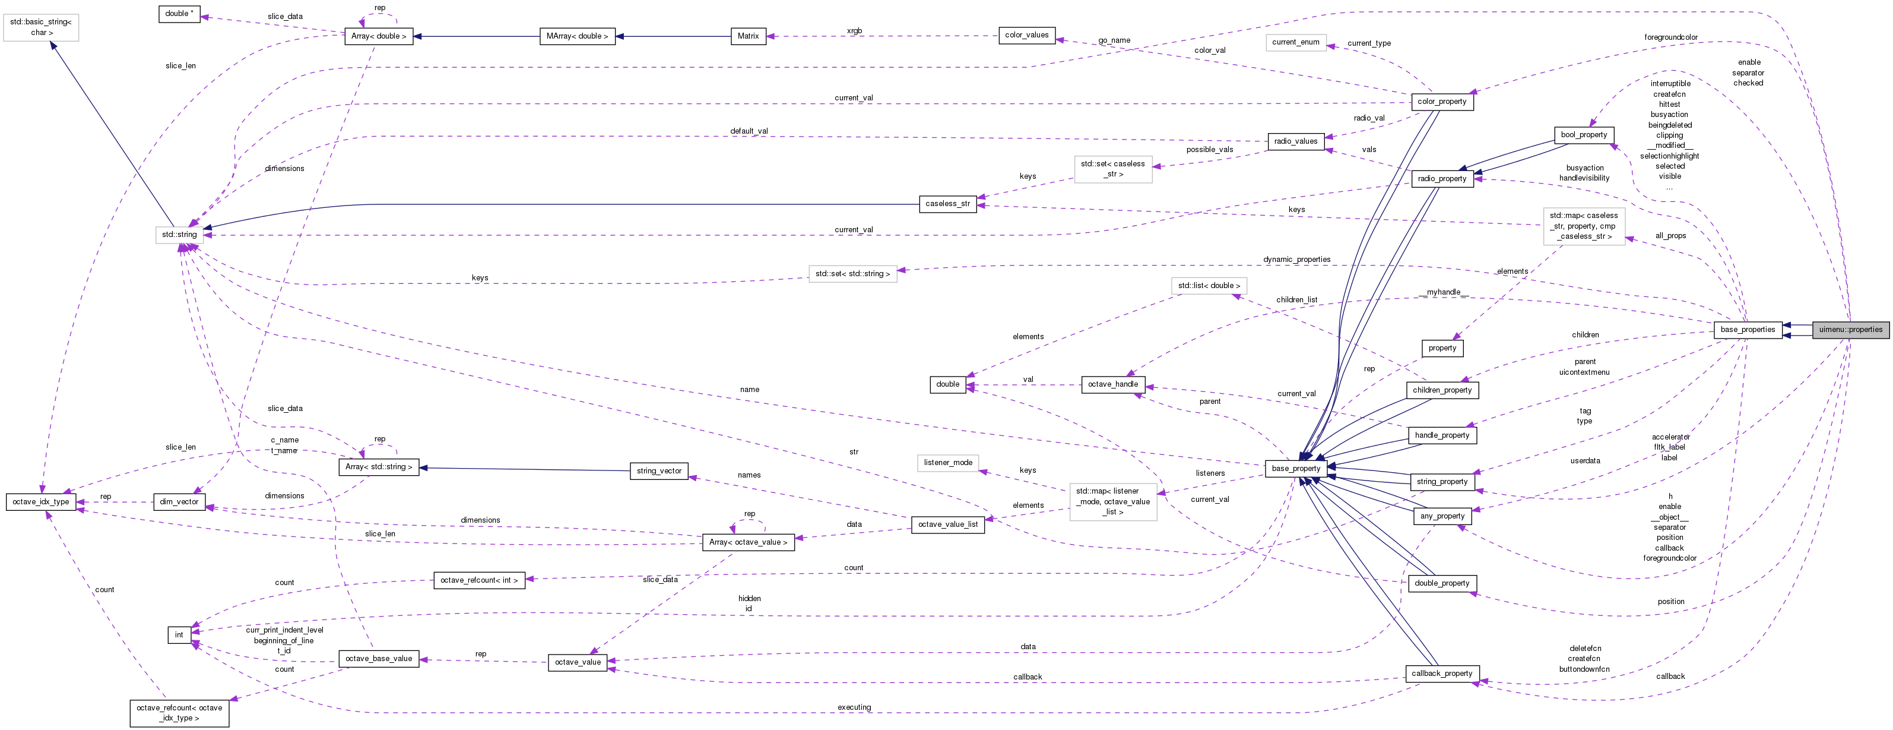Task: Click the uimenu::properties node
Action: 1850,329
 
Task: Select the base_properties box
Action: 1747,329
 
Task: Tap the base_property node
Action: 1296,468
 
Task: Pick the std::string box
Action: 179,235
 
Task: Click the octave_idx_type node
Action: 41,501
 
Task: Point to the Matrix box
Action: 748,36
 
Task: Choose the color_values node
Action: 1026,35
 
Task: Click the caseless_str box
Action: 947,204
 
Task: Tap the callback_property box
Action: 1441,674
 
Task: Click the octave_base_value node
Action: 379,658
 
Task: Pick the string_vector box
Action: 659,470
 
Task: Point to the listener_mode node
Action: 948,462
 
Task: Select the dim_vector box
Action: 179,501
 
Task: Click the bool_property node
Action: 1584,134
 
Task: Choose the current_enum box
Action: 1296,42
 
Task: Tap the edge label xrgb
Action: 854,31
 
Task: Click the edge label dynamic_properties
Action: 1296,260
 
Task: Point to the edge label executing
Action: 854,707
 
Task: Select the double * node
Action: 179,13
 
